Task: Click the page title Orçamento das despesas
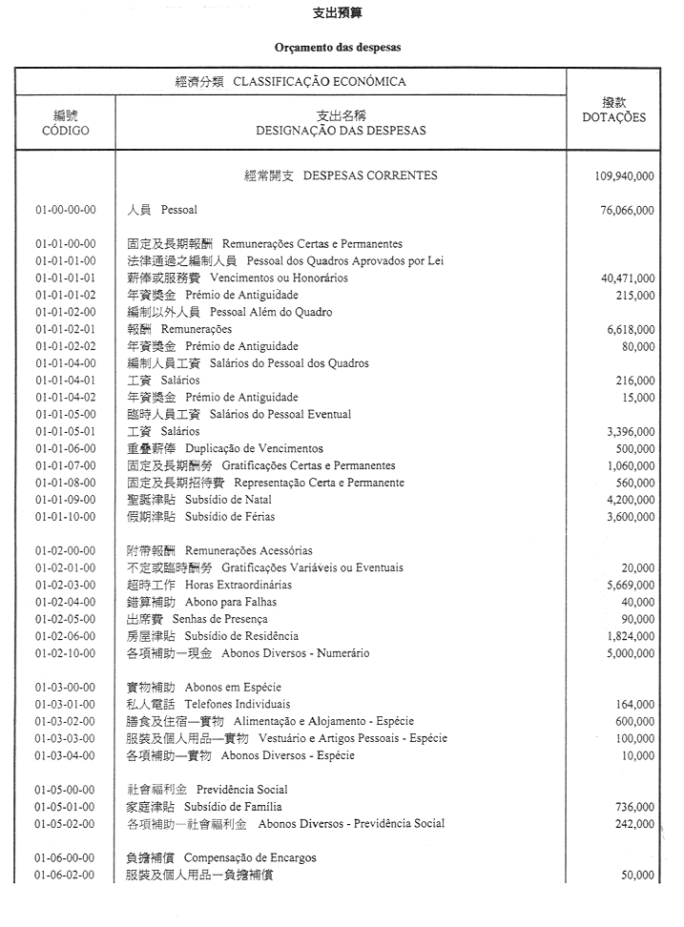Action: point(338,46)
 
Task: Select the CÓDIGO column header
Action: point(66,131)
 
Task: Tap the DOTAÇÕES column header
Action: point(613,118)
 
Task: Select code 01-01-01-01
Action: point(65,278)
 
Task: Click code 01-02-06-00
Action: point(65,636)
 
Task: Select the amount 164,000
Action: point(634,705)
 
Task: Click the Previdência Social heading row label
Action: point(242,790)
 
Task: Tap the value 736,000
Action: point(634,807)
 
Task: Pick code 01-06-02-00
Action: point(65,875)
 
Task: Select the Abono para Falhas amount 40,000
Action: point(636,603)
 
